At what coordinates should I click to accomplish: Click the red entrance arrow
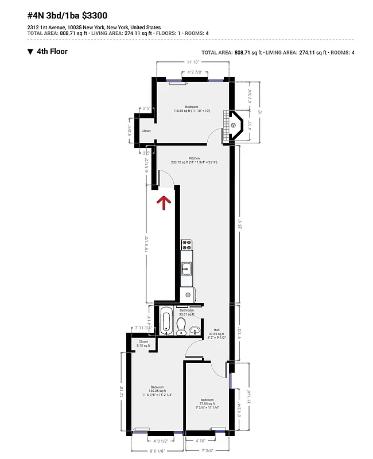pyautogui.click(x=164, y=202)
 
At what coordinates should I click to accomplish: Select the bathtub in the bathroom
pyautogui.click(x=166, y=321)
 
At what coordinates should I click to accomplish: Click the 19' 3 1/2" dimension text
pyautogui.click(x=147, y=244)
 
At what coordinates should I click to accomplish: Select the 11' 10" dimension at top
pyautogui.click(x=192, y=62)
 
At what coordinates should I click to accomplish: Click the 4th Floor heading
pyautogui.click(x=52, y=52)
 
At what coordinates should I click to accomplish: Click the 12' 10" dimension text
pyautogui.click(x=122, y=392)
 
